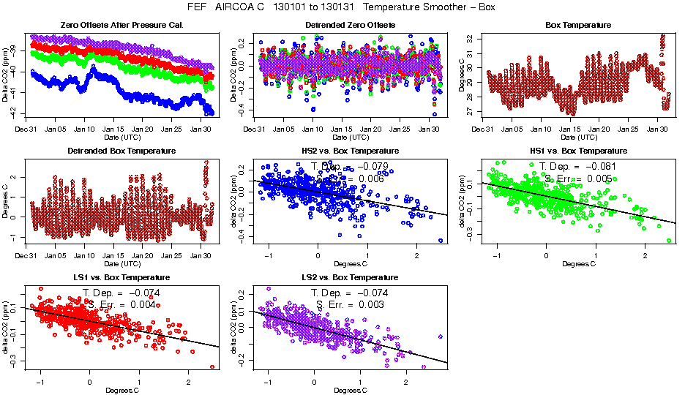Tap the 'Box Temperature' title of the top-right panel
(x=569, y=25)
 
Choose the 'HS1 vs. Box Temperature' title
(x=569, y=151)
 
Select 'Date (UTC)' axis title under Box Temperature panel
(x=569, y=137)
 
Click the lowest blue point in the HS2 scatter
(x=441, y=240)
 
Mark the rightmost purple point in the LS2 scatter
(x=441, y=336)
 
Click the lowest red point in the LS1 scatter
(x=212, y=367)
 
